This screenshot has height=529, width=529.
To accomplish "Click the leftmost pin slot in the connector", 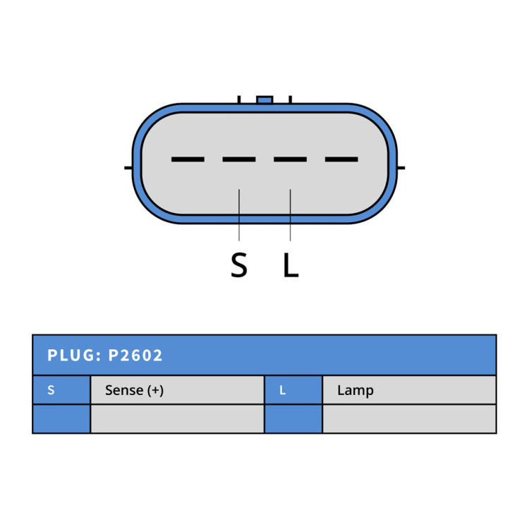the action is [x=188, y=159].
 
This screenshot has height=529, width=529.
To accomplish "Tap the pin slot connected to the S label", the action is [x=239, y=159].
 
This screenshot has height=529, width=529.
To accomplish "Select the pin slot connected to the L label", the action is [x=290, y=159].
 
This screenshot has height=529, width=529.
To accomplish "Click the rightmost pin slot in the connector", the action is [x=341, y=159].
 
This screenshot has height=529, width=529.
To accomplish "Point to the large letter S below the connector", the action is [x=239, y=264].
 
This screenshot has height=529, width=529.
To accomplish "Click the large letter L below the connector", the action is [x=291, y=264].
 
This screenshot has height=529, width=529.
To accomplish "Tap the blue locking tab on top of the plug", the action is [x=264, y=100].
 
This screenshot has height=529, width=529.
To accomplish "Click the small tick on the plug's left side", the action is [x=128, y=168].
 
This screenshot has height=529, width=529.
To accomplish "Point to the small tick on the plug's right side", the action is [x=401, y=168].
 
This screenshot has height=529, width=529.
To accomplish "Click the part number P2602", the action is [x=135, y=355].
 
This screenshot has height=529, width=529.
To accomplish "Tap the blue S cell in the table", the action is [x=61, y=390].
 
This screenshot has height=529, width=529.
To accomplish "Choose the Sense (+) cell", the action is [x=178, y=390].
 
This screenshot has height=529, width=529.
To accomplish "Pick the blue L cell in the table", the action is [x=293, y=390].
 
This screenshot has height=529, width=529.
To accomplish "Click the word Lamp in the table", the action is [x=355, y=390].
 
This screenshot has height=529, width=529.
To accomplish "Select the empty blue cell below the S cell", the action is [x=61, y=419].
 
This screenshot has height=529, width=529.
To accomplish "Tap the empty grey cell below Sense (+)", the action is [x=178, y=419].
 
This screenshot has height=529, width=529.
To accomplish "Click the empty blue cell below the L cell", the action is [x=293, y=419].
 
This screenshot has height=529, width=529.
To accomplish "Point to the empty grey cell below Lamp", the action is [x=410, y=419].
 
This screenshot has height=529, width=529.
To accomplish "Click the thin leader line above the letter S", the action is [x=239, y=215].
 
